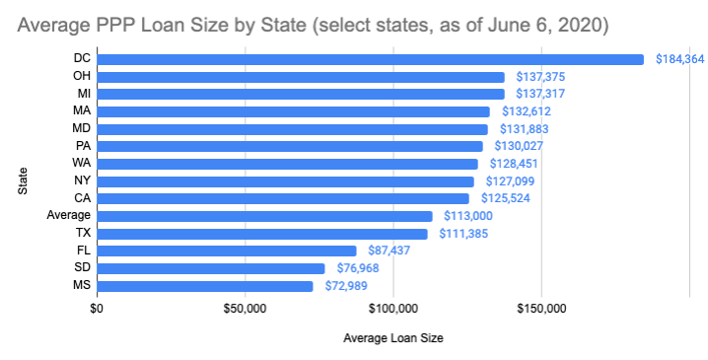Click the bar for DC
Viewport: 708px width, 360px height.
point(370,59)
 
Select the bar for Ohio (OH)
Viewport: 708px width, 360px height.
point(300,77)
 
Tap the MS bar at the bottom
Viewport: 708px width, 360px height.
point(204,286)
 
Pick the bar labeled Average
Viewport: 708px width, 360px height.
point(264,216)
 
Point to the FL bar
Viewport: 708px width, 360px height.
point(226,251)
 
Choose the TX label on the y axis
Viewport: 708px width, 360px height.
point(83,234)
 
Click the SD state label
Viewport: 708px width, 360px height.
point(83,268)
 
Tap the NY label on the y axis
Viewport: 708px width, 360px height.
point(83,181)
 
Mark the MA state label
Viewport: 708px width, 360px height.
point(83,111)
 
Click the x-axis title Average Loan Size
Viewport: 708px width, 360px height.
point(392,339)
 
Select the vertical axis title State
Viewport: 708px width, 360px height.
point(22,181)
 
